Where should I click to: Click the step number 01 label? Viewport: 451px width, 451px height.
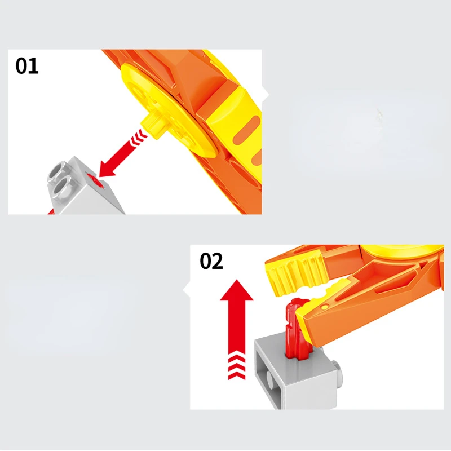tap(26, 66)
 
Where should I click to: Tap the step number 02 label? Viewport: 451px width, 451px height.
tap(211, 261)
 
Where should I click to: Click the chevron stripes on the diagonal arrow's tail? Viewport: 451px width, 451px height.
tap(139, 137)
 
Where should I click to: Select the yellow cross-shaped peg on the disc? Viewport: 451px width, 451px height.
tap(152, 125)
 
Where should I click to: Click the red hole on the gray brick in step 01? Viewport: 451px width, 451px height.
tap(94, 180)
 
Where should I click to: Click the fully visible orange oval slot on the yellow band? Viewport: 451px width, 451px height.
tap(246, 131)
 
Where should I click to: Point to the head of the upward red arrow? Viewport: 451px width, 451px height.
tap(236, 290)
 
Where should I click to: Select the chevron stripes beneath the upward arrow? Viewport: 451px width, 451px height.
tap(237, 367)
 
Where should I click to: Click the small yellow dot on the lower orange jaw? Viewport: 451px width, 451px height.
tap(325, 307)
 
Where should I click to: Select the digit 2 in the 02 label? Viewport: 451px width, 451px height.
tap(218, 261)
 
